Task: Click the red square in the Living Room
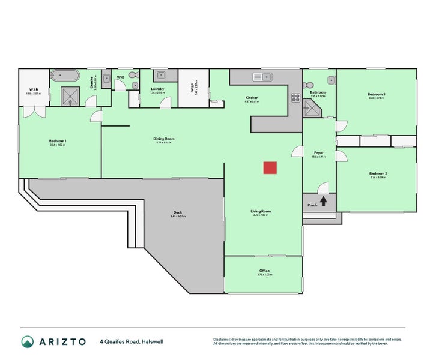tap(270, 168)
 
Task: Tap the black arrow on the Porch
tap(323, 201)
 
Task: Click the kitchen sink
tap(262, 76)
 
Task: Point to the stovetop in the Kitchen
tap(295, 97)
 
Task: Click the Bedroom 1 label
tap(58, 141)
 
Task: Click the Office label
tap(264, 271)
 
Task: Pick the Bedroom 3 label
tap(377, 95)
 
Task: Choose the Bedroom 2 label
tap(378, 173)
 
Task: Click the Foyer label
tap(319, 153)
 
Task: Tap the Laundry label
tap(157, 89)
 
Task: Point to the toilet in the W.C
tap(133, 76)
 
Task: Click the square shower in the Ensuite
tap(71, 95)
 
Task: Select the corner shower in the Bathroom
tap(312, 107)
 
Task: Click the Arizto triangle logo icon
tap(28, 342)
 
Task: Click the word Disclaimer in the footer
tap(223, 339)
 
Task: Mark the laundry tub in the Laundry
tap(160, 76)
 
